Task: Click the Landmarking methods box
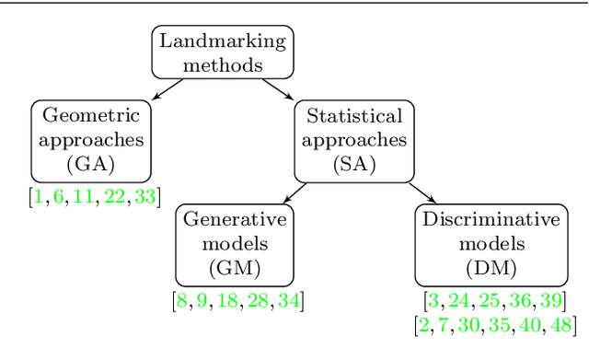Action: [x=222, y=52]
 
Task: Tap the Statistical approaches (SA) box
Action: [x=353, y=141]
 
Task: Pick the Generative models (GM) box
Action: [x=237, y=244]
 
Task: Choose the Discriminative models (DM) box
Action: [x=490, y=244]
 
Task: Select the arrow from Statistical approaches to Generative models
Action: [x=294, y=192]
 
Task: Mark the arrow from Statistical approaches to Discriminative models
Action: [x=421, y=192]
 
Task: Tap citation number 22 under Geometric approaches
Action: [x=114, y=195]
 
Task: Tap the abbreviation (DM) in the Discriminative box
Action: [x=490, y=269]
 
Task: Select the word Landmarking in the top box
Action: [x=222, y=41]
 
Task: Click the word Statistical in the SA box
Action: [x=353, y=117]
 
